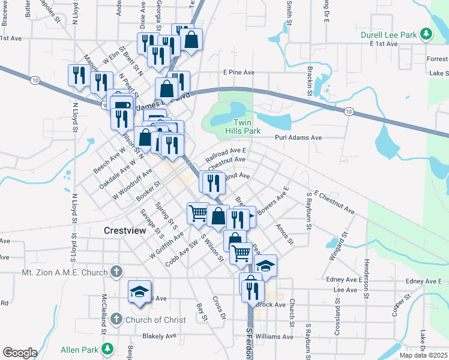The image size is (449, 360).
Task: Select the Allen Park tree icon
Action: click(107, 348)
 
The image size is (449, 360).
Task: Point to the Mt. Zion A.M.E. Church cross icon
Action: click(116, 272)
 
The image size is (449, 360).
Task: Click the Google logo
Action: click(20, 353)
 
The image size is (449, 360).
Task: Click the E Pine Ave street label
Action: click(239, 72)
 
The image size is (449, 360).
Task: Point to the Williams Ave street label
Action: click(274, 337)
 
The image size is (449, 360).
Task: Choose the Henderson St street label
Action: click(366, 278)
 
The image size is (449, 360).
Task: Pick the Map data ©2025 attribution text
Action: click(422, 355)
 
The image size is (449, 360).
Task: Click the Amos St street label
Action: click(283, 234)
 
